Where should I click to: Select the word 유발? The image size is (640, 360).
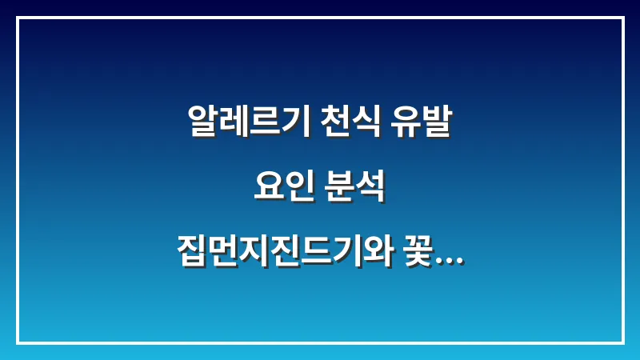coord(422,122)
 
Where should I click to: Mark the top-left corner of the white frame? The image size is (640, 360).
coord(18,18)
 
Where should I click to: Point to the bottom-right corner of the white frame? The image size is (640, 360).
coord(622,342)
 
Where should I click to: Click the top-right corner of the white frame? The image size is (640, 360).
coord(622,18)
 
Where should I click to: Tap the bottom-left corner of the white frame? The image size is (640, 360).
coord(18,342)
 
